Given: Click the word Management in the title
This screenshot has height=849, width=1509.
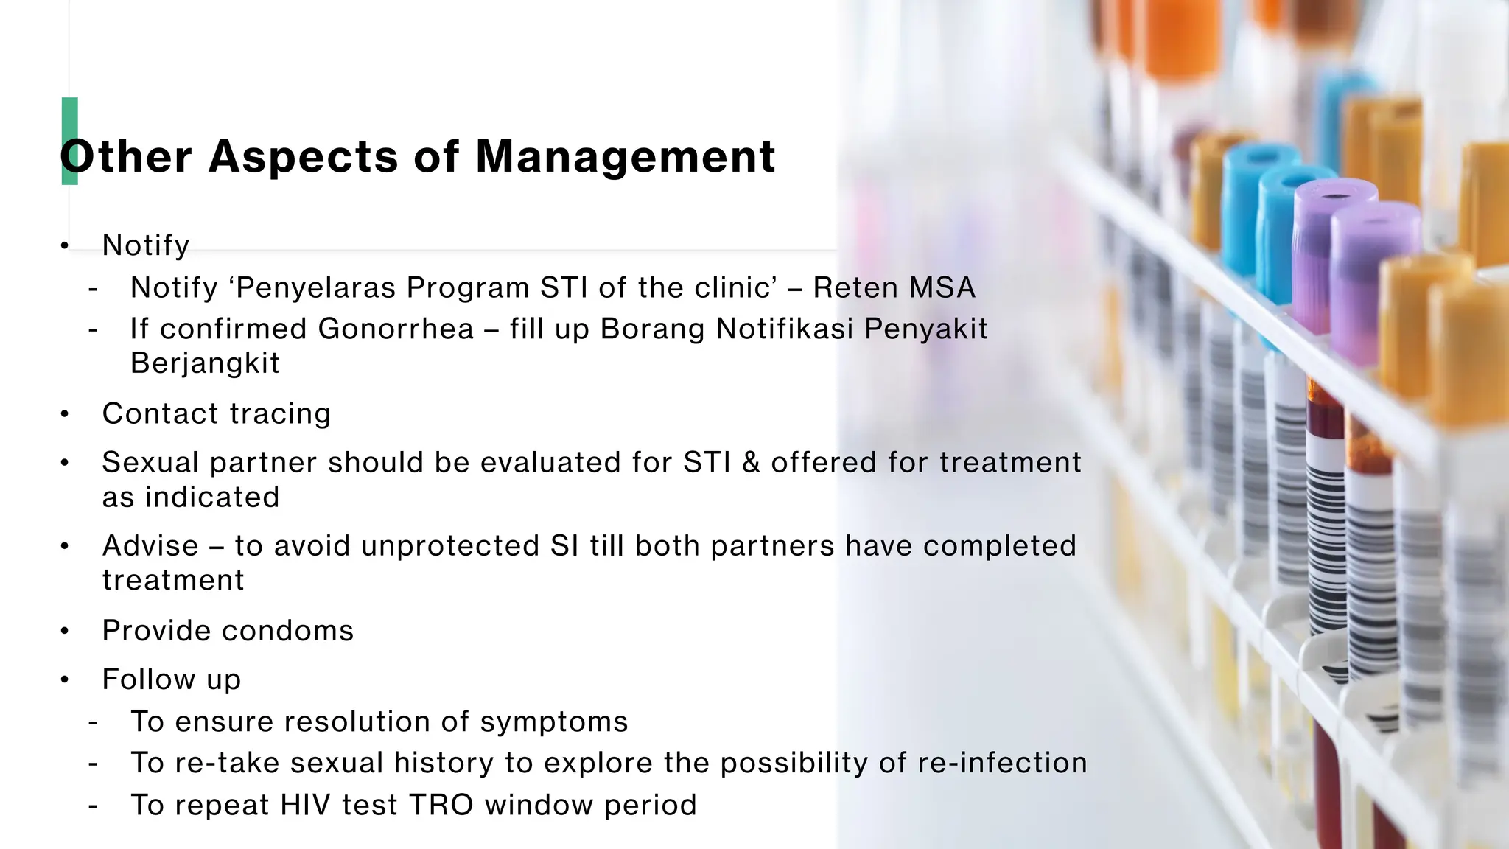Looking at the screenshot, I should pyautogui.click(x=626, y=156).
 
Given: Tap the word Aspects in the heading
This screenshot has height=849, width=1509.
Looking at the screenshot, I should pyautogui.click(x=303, y=156).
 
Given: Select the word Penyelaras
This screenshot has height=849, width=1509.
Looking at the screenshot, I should pyautogui.click(x=317, y=287).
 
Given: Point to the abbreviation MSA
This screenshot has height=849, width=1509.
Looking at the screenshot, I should pyautogui.click(x=942, y=287).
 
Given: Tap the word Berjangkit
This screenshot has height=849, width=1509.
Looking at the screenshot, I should pyautogui.click(x=205, y=363).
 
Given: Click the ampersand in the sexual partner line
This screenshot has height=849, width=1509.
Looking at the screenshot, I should pyautogui.click(x=751, y=463).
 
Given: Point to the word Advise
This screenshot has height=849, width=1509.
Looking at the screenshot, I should pyautogui.click(x=150, y=546).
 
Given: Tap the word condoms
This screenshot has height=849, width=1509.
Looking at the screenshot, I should pyautogui.click(x=287, y=631).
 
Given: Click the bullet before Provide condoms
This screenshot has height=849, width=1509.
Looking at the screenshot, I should pyautogui.click(x=65, y=632).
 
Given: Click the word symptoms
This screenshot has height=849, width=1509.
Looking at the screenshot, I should pyautogui.click(x=553, y=722).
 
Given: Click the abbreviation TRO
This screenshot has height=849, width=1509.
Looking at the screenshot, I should pyautogui.click(x=441, y=805).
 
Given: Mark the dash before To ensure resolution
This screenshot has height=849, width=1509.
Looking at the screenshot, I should pyautogui.click(x=93, y=722).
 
